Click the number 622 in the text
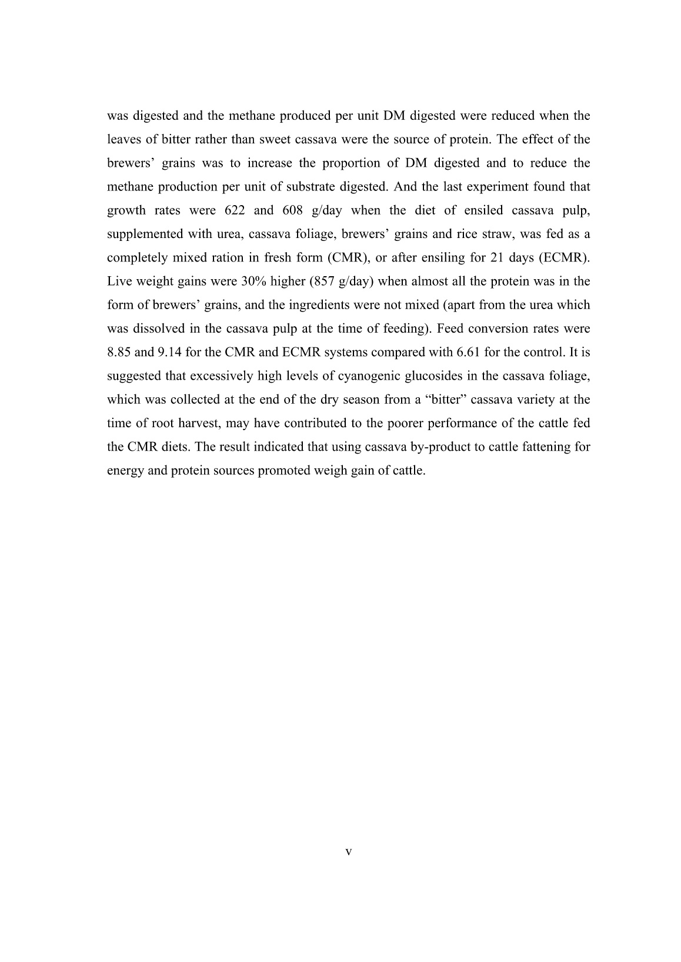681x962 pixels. [x=235, y=210]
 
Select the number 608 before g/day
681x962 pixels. [x=293, y=210]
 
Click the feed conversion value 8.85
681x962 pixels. [x=119, y=353]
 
